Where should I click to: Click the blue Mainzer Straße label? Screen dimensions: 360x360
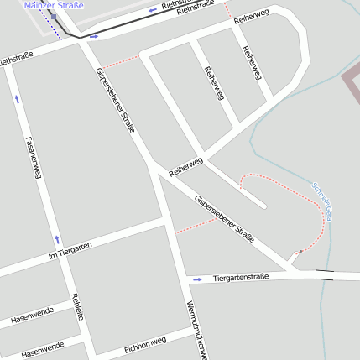pyautogui.click(x=54, y=5)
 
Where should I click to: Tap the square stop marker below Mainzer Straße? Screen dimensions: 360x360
pyautogui.click(x=54, y=16)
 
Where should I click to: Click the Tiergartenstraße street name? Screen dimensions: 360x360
pyautogui.click(x=241, y=276)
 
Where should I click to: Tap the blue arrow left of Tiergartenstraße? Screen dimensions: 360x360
pyautogui.click(x=198, y=278)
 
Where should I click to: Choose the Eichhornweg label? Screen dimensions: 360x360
pyautogui.click(x=145, y=344)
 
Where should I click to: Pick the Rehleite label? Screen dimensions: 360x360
pyautogui.click(x=78, y=306)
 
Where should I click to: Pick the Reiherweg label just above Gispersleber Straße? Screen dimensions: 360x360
pyautogui.click(x=185, y=166)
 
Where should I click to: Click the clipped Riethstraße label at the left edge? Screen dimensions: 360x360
pyautogui.click(x=16, y=60)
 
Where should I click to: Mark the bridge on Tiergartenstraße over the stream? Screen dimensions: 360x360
pyautogui.click(x=324, y=274)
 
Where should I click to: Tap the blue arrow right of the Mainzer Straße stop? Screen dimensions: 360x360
pyautogui.click(x=94, y=37)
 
